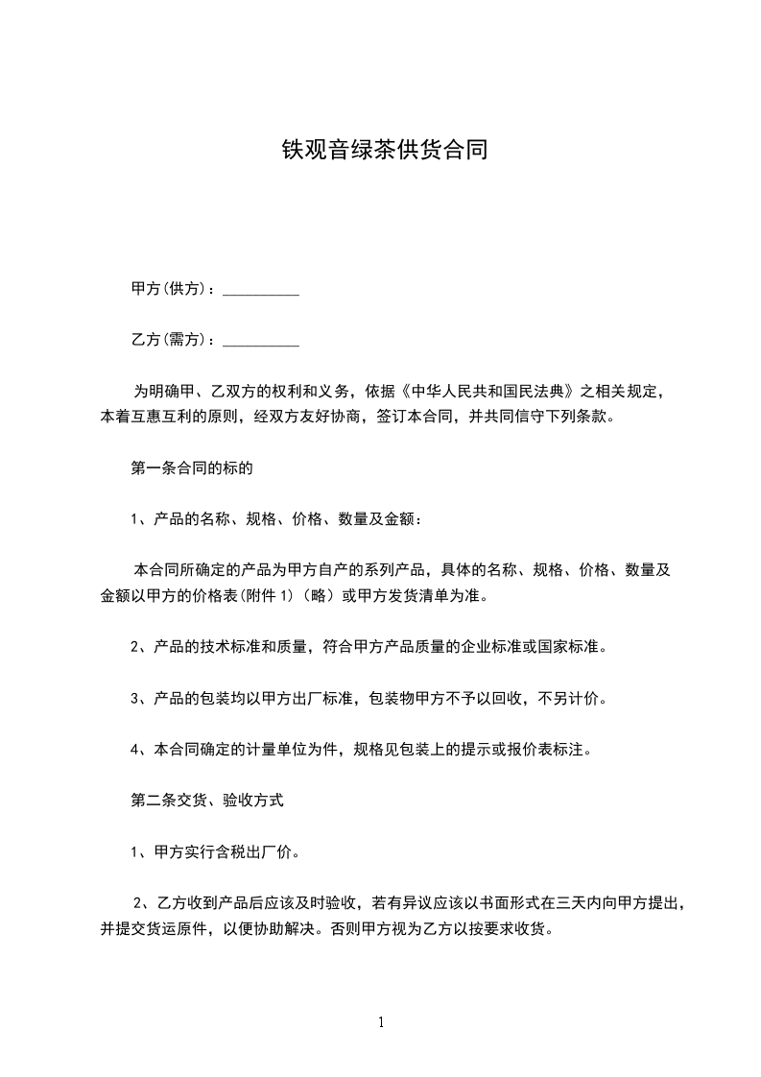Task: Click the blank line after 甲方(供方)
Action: coord(260,289)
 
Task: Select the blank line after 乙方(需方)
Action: coord(260,340)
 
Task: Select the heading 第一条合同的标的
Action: coord(191,469)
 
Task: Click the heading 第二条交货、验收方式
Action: coord(206,799)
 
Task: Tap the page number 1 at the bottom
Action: coord(381,1022)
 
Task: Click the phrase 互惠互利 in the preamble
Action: coord(169,418)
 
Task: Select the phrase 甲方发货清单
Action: coord(405,596)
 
